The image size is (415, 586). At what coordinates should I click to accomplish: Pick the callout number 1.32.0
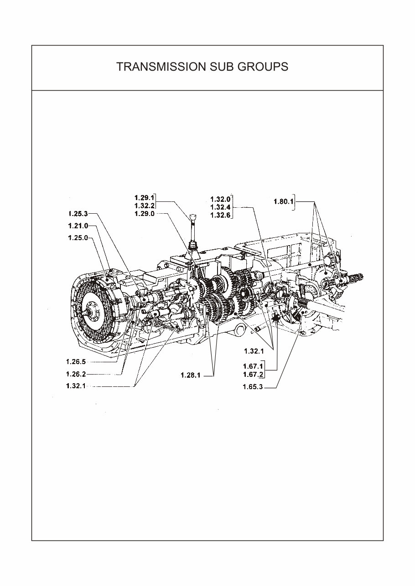tap(221, 199)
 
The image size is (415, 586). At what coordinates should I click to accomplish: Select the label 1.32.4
tap(221, 207)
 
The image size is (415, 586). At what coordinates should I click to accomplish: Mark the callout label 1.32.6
tap(221, 216)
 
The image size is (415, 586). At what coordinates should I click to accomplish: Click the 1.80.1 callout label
tap(283, 201)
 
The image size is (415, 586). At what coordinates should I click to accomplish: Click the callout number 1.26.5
tap(76, 362)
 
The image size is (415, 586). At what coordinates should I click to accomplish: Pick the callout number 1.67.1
tap(253, 366)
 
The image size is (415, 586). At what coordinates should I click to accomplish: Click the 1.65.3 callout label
tap(253, 388)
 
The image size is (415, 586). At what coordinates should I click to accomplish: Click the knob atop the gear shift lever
tap(193, 216)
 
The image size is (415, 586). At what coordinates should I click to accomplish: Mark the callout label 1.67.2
tap(253, 375)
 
